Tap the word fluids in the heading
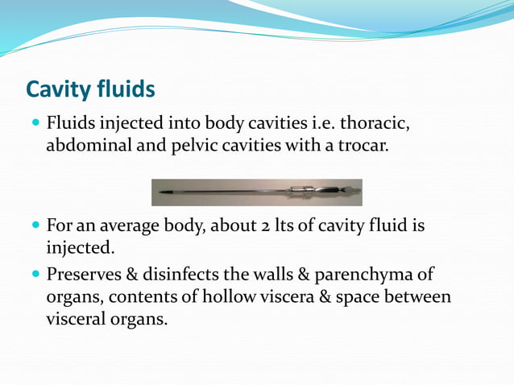(126, 89)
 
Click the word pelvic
(184, 147)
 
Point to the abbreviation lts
(283, 226)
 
